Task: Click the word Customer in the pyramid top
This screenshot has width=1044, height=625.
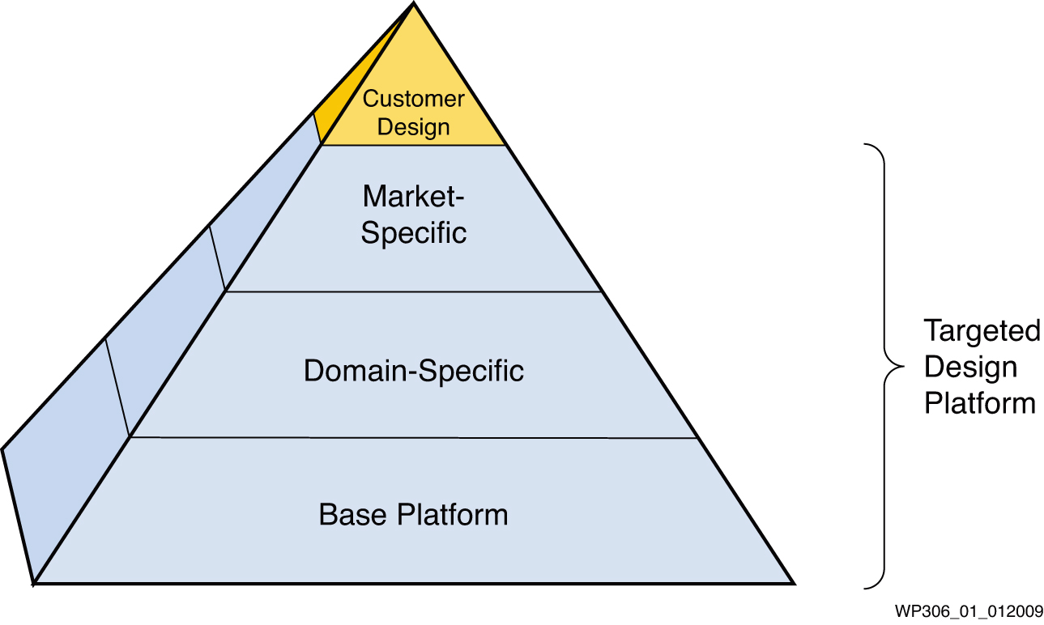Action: point(413,100)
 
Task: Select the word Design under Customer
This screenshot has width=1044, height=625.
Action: point(413,127)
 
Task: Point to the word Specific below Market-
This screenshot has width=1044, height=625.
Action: point(414,233)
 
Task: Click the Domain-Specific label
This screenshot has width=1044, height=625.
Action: point(414,372)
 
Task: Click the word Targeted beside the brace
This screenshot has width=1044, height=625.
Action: point(982,331)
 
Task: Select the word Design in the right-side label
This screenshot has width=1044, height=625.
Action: point(970,367)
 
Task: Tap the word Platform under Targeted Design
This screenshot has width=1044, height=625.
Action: point(980,403)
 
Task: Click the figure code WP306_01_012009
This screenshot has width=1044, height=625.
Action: point(969,610)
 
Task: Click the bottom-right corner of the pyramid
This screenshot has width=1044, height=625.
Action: point(794,583)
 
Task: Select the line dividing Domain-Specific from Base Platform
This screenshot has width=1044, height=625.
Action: point(414,437)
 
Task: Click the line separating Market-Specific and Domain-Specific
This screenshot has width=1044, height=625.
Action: point(414,291)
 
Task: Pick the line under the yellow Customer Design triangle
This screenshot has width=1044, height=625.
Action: point(414,145)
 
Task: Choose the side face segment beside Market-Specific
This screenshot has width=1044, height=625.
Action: point(259,210)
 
